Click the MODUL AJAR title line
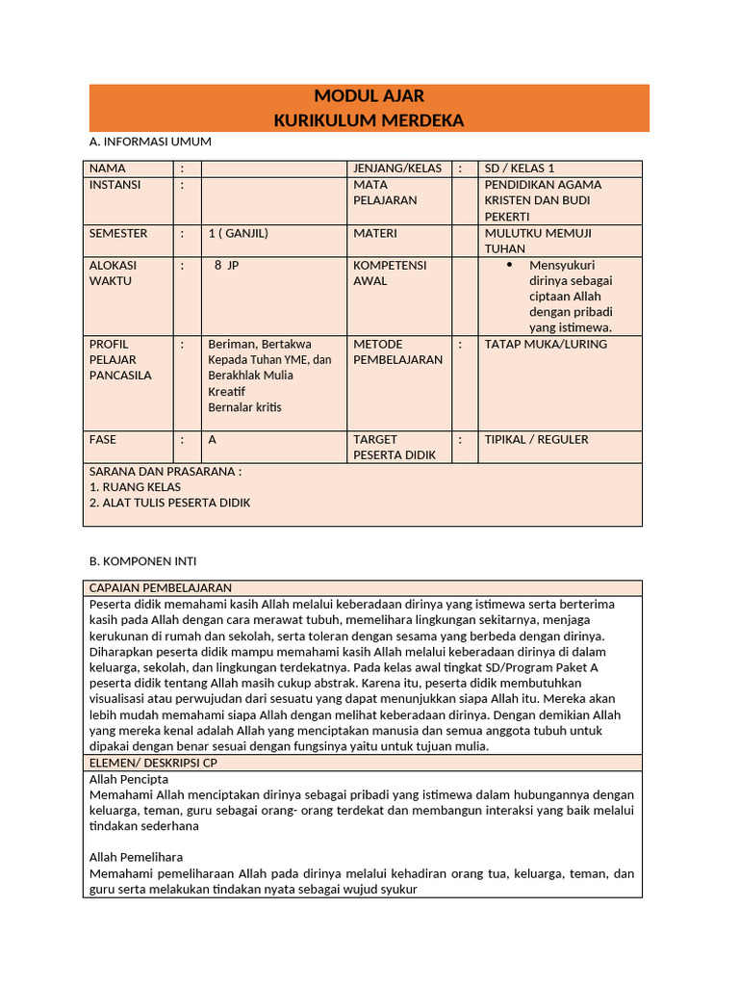(x=369, y=96)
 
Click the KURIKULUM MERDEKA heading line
(x=369, y=120)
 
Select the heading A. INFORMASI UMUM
(x=149, y=142)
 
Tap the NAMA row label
(x=108, y=169)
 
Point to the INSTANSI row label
(x=115, y=185)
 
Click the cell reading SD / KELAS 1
(x=520, y=169)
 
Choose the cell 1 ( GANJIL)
(x=238, y=233)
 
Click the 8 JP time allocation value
(x=226, y=265)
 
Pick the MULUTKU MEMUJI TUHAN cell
(x=538, y=241)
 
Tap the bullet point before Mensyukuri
(x=509, y=265)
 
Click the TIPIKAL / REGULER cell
(x=536, y=439)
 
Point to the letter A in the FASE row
(x=213, y=439)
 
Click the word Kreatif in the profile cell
(x=227, y=391)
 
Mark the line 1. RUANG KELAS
(x=135, y=487)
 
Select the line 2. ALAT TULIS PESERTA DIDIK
(x=169, y=503)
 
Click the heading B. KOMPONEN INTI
(x=142, y=560)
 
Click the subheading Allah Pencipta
(x=129, y=778)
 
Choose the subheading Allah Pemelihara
(x=136, y=857)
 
